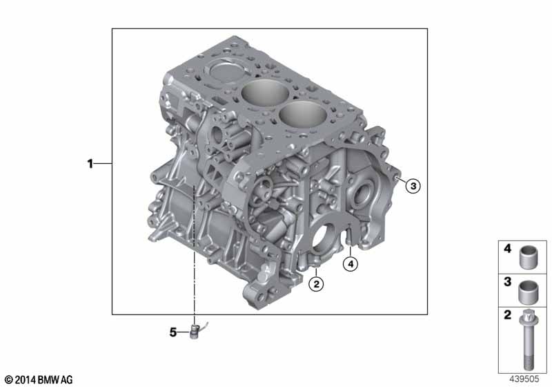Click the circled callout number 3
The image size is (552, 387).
pyautogui.click(x=413, y=185)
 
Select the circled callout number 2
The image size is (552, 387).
pyautogui.click(x=316, y=284)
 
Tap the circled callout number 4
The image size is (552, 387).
pyautogui.click(x=351, y=263)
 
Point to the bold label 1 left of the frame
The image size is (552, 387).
pyautogui.click(x=90, y=164)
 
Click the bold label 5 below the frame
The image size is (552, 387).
pyautogui.click(x=173, y=332)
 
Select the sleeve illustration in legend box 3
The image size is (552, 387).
pyautogui.click(x=528, y=292)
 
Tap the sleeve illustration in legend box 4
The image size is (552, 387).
pyautogui.click(x=528, y=258)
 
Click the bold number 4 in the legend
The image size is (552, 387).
pyautogui.click(x=507, y=249)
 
